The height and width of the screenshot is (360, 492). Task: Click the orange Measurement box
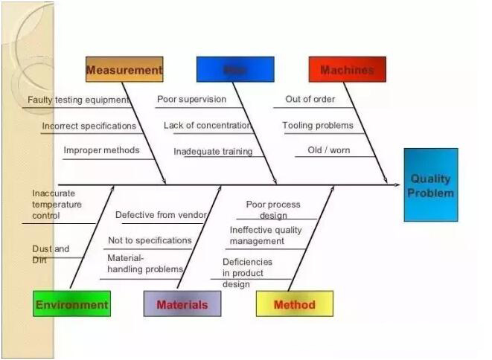tap(124, 70)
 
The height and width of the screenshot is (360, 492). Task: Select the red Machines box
tap(347, 70)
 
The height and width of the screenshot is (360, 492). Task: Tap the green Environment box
tap(71, 304)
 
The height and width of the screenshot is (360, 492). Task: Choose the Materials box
tap(182, 304)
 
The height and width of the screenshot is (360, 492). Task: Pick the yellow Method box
tap(294, 304)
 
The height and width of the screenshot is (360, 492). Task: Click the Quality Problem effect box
tap(431, 185)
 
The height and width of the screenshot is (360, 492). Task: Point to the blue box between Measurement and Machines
tap(234, 70)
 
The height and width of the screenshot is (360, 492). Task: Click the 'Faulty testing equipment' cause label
tap(78, 100)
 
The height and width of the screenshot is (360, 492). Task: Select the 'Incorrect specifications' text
tap(89, 126)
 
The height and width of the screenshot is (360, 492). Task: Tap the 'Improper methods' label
tap(101, 150)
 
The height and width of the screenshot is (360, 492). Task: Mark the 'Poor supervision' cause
tap(191, 99)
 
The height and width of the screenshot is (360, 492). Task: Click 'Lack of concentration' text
tap(207, 126)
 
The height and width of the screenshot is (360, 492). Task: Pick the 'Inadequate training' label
tap(213, 152)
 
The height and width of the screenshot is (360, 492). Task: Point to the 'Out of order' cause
tap(310, 99)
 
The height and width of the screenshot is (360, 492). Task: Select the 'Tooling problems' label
tap(318, 126)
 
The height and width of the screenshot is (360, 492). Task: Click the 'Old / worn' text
tap(328, 150)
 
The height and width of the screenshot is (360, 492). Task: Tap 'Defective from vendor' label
tap(161, 215)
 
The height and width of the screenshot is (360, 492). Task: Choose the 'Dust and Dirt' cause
tap(51, 254)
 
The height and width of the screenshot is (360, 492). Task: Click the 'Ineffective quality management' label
tap(266, 236)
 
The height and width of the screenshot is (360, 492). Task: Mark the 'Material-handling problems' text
tap(145, 263)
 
